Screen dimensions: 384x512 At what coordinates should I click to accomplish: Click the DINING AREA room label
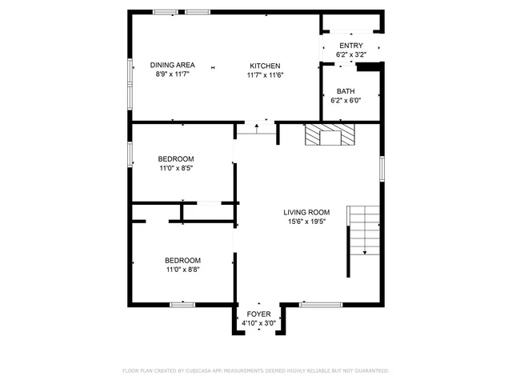tap(174, 65)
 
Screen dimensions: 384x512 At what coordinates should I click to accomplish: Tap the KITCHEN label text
tap(265, 65)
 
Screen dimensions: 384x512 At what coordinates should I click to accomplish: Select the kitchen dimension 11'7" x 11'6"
tap(265, 74)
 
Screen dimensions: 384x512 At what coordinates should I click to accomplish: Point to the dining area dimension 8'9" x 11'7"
tap(174, 74)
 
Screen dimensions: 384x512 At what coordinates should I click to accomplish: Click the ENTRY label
tap(350, 46)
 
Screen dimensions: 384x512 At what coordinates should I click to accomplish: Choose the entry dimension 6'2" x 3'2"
tap(350, 54)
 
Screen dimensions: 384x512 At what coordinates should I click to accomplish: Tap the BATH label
tap(346, 91)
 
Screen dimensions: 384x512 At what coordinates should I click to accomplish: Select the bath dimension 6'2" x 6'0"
tap(346, 101)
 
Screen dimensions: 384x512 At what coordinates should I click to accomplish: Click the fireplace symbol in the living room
tap(329, 135)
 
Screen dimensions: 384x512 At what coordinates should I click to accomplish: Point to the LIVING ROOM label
tap(306, 212)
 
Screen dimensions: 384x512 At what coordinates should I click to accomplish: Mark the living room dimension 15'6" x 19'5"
tap(306, 222)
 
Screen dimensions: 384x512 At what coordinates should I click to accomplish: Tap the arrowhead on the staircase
tap(365, 252)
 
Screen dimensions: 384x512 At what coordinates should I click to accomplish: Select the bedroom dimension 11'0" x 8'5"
tap(175, 168)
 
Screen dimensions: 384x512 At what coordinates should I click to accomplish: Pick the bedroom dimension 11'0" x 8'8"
tap(182, 270)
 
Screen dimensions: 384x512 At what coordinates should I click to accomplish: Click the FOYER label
tap(258, 314)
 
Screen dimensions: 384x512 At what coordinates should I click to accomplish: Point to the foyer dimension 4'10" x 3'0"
tap(258, 323)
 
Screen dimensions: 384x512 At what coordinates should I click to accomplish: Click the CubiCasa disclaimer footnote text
tap(255, 371)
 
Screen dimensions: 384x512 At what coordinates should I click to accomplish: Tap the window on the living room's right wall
tap(382, 169)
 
